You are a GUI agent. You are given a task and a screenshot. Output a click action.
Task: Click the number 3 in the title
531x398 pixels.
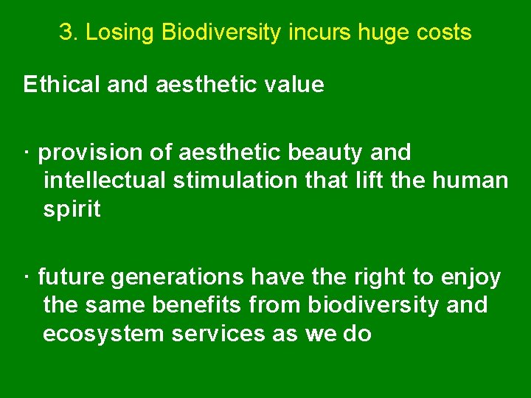[x=66, y=32]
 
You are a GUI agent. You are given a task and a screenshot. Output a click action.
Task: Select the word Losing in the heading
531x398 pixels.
[x=119, y=32]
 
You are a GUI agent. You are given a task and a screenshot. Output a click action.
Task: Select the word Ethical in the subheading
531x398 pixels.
[x=62, y=85]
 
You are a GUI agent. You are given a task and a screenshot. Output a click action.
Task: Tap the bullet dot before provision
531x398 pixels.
[x=26, y=153]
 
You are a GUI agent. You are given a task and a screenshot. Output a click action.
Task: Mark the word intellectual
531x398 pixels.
[x=105, y=181]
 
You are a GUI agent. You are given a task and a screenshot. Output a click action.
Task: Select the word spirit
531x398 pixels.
[x=72, y=210]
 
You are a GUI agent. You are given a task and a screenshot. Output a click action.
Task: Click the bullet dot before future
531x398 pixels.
[x=26, y=277]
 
